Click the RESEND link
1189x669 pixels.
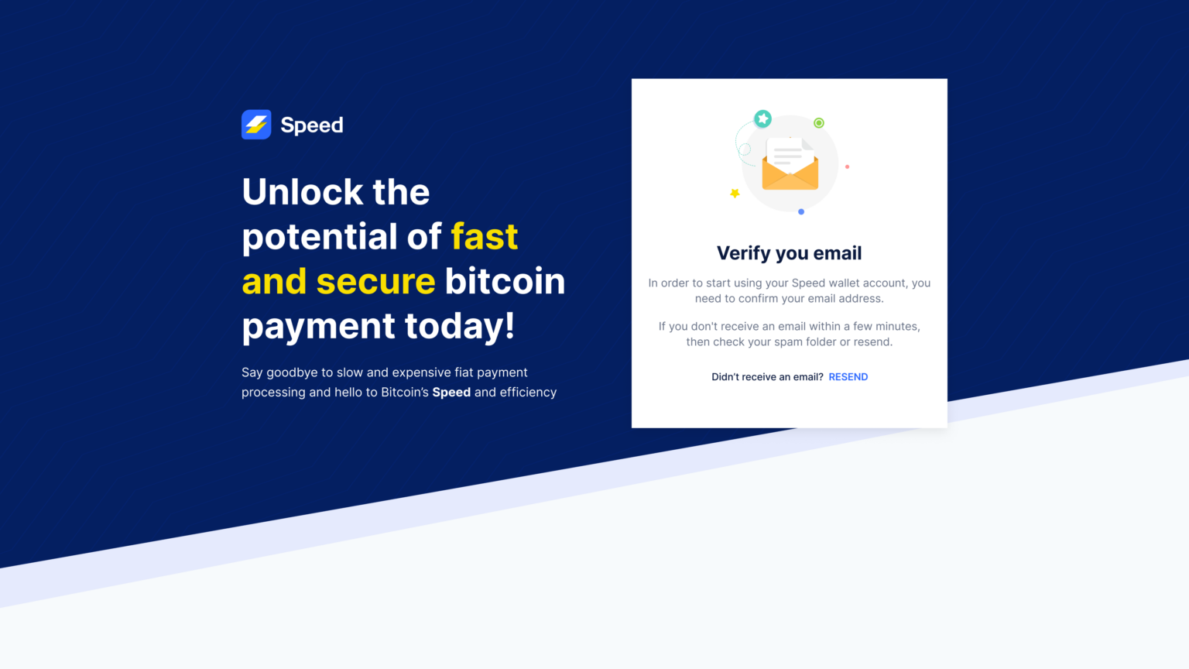point(848,377)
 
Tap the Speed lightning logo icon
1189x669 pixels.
point(256,125)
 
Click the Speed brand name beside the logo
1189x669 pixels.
point(312,125)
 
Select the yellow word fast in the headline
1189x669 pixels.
point(485,237)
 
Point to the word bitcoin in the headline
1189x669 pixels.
point(505,281)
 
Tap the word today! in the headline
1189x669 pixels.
point(460,326)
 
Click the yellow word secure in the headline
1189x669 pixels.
point(375,281)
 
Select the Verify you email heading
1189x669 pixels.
point(789,253)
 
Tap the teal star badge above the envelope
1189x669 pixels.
point(763,118)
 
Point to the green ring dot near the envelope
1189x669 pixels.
point(819,123)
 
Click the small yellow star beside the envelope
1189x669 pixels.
point(735,193)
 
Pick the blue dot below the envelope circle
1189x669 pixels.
point(801,211)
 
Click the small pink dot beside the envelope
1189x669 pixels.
point(847,166)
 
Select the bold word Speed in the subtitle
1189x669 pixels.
point(451,393)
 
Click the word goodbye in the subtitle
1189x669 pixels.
point(292,372)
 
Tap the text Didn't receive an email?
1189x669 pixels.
point(767,377)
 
